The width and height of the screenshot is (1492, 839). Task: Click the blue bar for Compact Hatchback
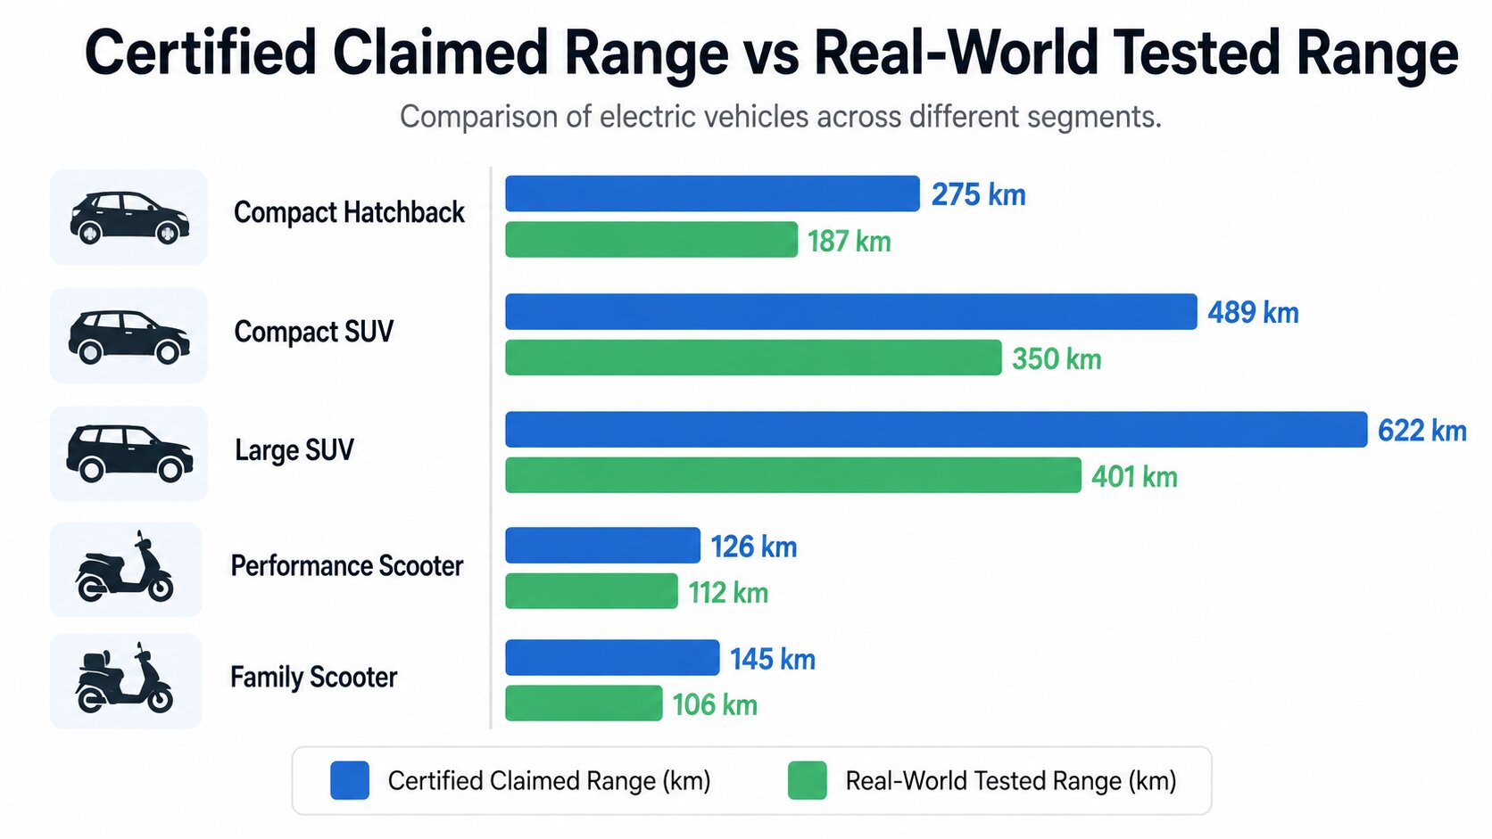712,193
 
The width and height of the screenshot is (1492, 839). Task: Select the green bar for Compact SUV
753,358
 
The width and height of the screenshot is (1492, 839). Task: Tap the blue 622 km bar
936,429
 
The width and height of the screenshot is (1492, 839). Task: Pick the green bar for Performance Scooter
592,591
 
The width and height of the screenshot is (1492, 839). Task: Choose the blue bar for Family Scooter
612,657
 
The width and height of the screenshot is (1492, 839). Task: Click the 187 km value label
850,241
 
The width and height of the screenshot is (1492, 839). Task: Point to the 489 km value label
1253,312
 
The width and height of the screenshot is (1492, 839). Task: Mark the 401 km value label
1134,476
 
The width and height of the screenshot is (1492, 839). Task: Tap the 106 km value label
715,704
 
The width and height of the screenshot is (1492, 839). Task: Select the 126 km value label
754,547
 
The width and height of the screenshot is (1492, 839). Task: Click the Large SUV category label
294,449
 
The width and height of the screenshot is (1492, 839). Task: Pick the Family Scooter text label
314,677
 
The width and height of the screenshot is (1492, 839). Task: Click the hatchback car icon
129,218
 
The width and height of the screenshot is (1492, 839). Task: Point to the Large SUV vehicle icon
129,453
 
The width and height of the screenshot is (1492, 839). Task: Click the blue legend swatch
350,780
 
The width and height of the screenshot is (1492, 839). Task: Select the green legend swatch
808,780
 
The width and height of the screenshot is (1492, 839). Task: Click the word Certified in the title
200,52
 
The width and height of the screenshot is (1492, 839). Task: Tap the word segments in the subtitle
1094,117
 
